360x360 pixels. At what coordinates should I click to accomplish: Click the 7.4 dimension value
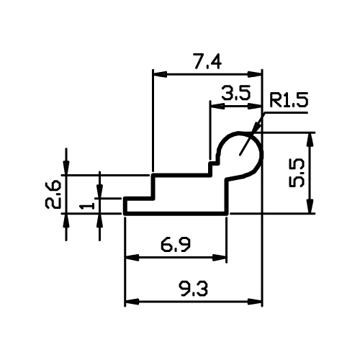pyautogui.click(x=207, y=63)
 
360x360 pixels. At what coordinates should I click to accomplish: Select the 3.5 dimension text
pyautogui.click(x=236, y=93)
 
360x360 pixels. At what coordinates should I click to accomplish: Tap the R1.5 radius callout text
pyautogui.click(x=288, y=100)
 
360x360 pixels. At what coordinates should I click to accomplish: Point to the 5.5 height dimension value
pyautogui.click(x=297, y=174)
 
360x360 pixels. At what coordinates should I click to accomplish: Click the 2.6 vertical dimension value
pyautogui.click(x=52, y=194)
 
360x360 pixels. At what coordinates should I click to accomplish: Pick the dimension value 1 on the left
pyautogui.click(x=86, y=205)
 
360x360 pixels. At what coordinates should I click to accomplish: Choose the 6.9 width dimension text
pyautogui.click(x=176, y=246)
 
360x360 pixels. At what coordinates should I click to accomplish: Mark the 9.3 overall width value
pyautogui.click(x=193, y=289)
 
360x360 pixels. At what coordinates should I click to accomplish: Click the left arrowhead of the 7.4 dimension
pyautogui.click(x=160, y=74)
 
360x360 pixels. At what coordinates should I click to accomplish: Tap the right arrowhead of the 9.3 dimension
pyautogui.click(x=255, y=302)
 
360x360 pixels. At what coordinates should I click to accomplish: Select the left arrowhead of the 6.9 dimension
pyautogui.click(x=132, y=258)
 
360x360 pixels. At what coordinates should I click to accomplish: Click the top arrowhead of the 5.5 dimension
pyautogui.click(x=310, y=139)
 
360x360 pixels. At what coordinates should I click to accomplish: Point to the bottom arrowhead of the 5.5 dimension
pyautogui.click(x=310, y=206)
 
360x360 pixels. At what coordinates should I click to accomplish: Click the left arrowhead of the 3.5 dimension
pyautogui.click(x=217, y=107)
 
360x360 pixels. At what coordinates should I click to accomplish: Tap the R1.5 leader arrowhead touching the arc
pyautogui.click(x=258, y=126)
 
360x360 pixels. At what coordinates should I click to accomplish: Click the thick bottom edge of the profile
pyautogui.click(x=176, y=213)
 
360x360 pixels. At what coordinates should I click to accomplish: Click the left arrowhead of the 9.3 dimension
pyautogui.click(x=132, y=302)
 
